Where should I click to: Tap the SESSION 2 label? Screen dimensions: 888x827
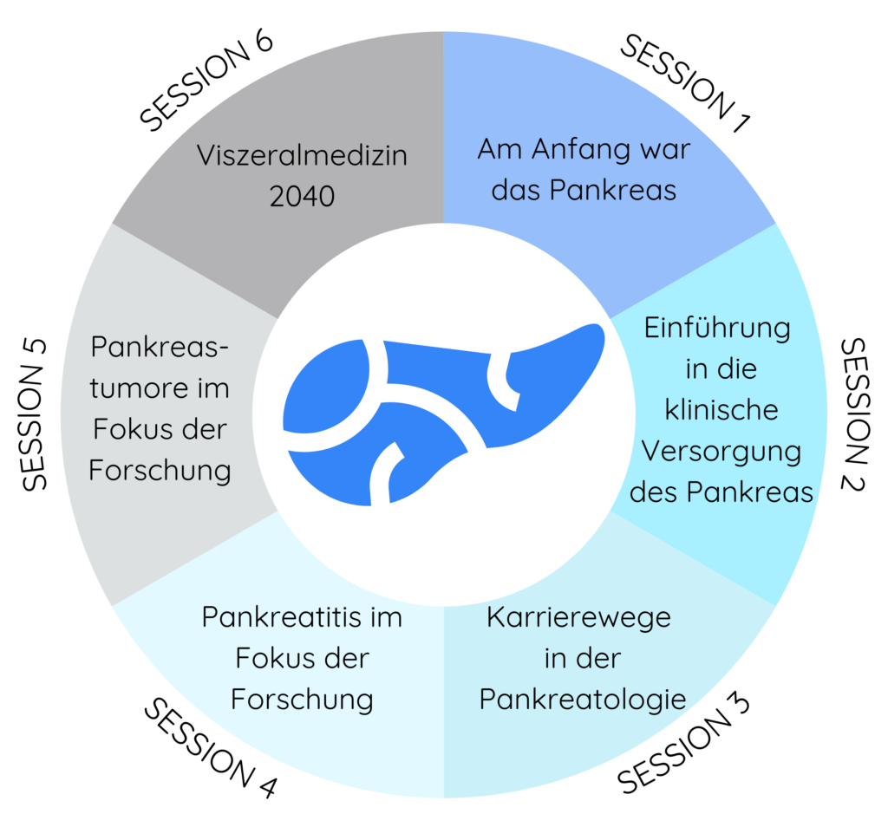(x=854, y=415)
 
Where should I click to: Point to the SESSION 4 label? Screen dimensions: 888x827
(x=210, y=747)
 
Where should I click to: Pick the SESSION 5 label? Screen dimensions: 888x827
(x=35, y=415)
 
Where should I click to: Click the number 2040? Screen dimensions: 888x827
(x=302, y=197)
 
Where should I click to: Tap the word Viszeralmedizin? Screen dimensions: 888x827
(x=302, y=155)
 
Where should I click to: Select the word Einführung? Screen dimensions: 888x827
(x=717, y=329)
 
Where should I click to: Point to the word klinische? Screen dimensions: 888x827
(x=721, y=409)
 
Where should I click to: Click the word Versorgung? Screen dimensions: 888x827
(x=721, y=453)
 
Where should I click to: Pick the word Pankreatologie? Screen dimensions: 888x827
(x=583, y=700)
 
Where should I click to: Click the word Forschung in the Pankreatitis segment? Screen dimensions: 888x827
(x=302, y=700)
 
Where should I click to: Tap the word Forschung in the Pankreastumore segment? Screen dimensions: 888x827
(x=160, y=471)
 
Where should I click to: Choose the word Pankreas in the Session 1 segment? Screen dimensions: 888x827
(x=613, y=190)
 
